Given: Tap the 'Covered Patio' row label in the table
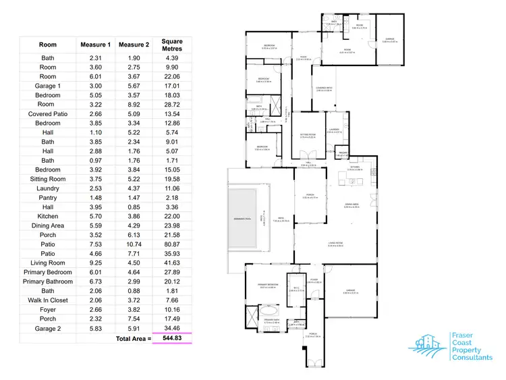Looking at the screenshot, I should [x=48, y=114].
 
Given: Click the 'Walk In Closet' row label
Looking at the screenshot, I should [x=48, y=300].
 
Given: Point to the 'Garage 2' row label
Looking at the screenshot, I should [x=48, y=328].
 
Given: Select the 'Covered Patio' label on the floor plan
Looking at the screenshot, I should [x=322, y=88].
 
